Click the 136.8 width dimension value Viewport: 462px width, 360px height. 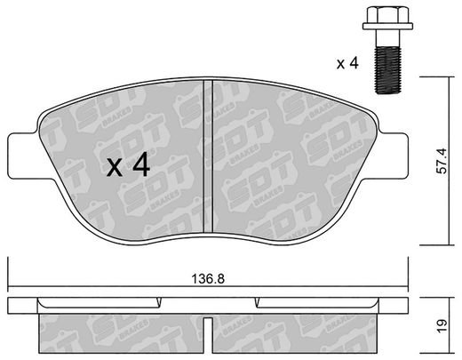click(x=208, y=279)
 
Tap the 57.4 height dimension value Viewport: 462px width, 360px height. click(x=443, y=161)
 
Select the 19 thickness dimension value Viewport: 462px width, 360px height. click(x=443, y=326)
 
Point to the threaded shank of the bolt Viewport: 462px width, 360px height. click(x=388, y=70)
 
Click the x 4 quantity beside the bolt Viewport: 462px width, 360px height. click(x=347, y=63)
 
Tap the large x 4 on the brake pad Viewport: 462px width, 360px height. click(x=129, y=166)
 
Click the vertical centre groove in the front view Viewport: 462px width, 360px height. click(x=208, y=156)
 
